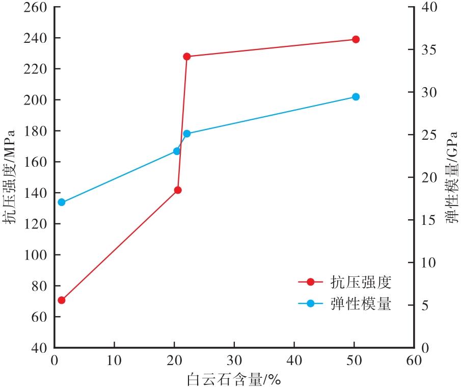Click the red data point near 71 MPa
pyautogui.click(x=62, y=300)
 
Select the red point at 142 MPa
pyautogui.click(x=178, y=190)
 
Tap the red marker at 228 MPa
pyautogui.click(x=187, y=57)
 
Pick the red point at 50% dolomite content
pyautogui.click(x=356, y=39)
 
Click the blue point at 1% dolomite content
pyautogui.click(x=62, y=202)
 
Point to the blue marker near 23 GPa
pyautogui.click(x=177, y=151)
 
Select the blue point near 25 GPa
pyautogui.click(x=187, y=134)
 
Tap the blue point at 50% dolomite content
pyautogui.click(x=356, y=97)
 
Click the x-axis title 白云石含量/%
pyautogui.click(x=234, y=379)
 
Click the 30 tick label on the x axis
pyautogui.click(x=234, y=360)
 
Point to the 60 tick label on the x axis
pyautogui.click(x=414, y=360)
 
